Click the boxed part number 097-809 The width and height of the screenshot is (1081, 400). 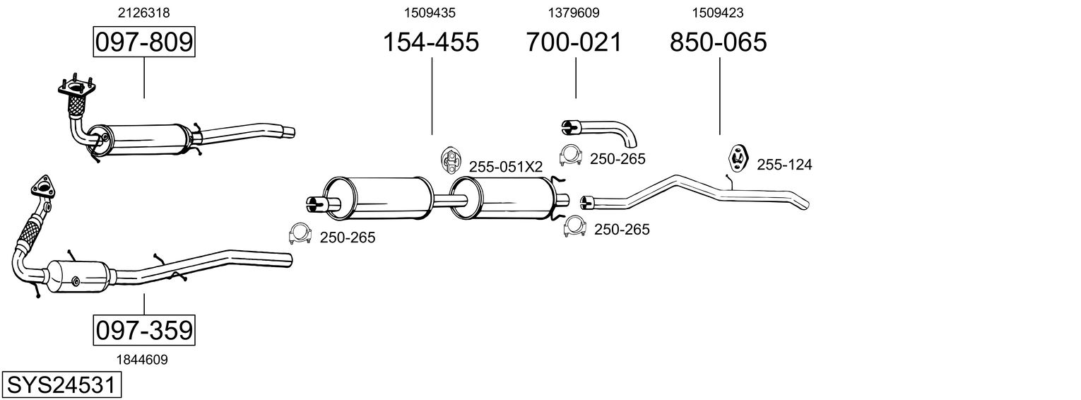tap(143, 42)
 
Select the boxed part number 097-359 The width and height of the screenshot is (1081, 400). tap(143, 330)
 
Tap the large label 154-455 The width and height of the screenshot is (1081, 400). tap(430, 42)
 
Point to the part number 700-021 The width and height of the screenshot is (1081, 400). tap(574, 42)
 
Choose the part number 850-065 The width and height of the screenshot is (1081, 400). tap(718, 42)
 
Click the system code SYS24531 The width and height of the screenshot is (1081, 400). tap(61, 385)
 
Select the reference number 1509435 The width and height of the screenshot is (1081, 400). tap(430, 12)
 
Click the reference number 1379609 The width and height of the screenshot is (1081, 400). tap(574, 12)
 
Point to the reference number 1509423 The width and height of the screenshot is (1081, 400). tap(717, 12)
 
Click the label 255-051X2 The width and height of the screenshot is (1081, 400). tap(505, 167)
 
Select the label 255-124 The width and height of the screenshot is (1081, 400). tap(784, 165)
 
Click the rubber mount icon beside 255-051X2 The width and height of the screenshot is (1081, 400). tap(449, 161)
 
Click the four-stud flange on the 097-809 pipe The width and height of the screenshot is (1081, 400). tap(73, 89)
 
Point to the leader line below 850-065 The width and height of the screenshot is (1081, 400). tap(719, 95)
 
